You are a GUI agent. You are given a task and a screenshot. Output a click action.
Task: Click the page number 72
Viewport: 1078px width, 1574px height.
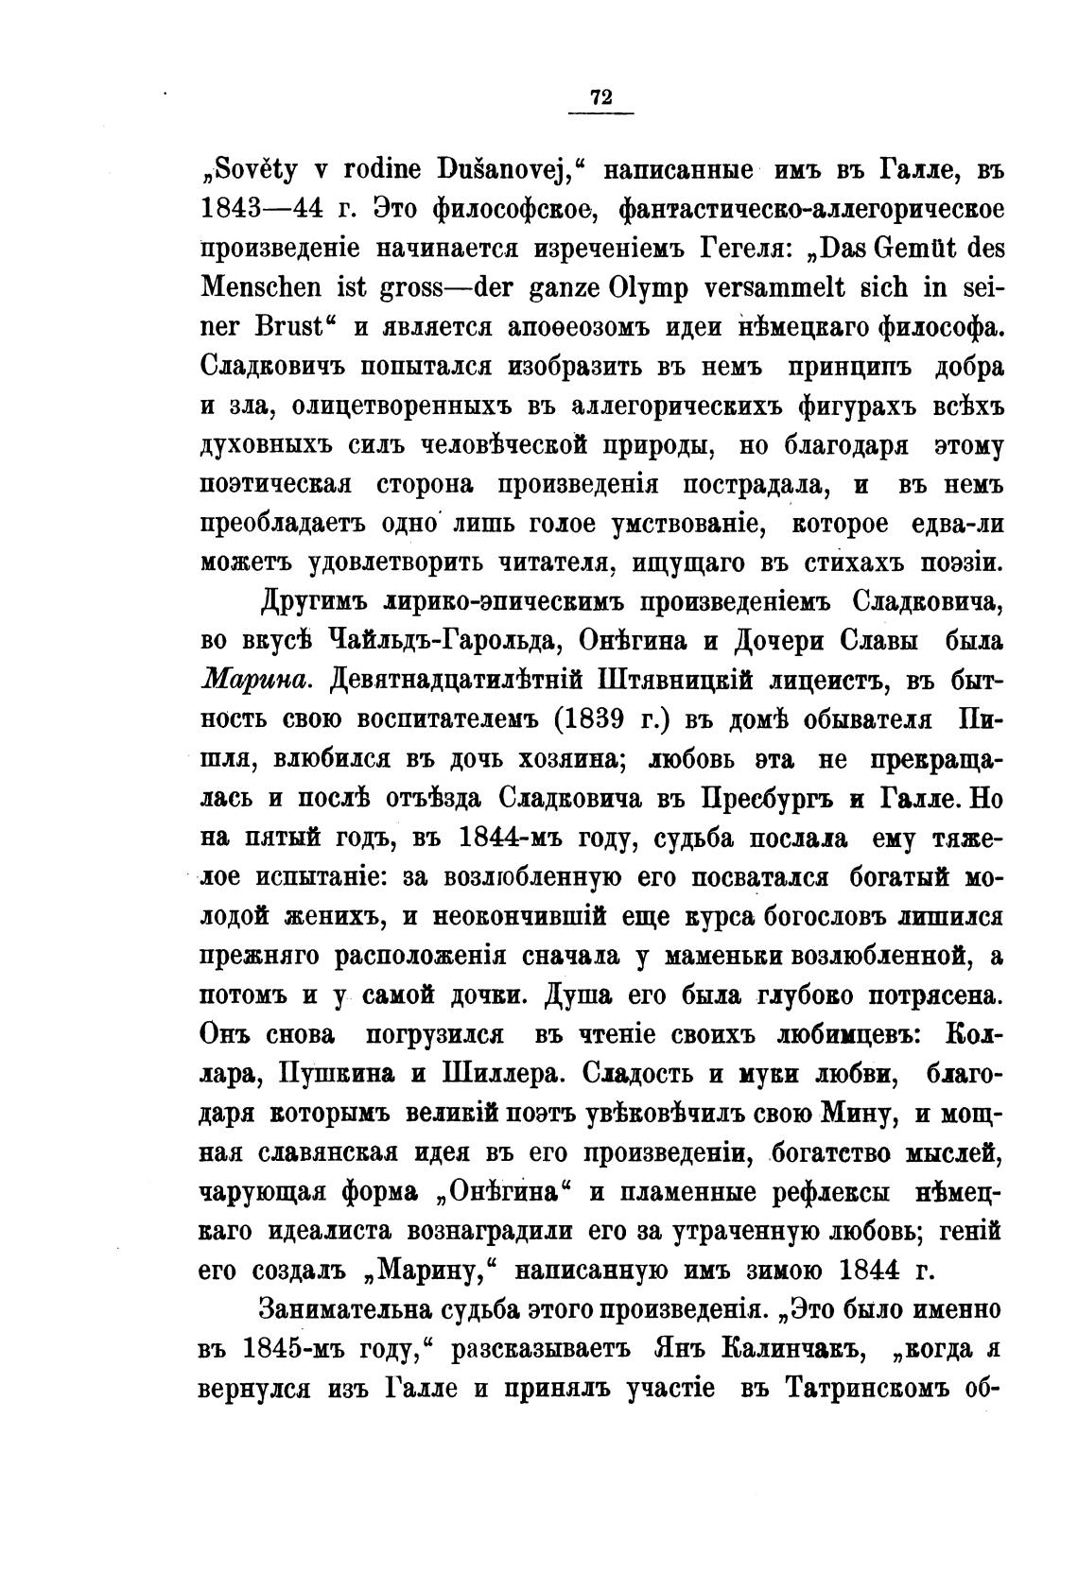[600, 96]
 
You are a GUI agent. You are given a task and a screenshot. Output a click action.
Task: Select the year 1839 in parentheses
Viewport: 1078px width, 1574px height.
[597, 720]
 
